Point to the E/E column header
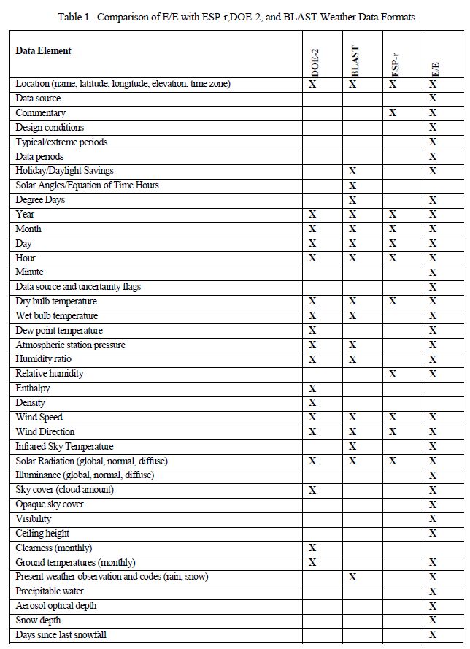tap(434, 69)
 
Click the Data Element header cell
tap(43, 50)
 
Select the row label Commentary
tap(40, 113)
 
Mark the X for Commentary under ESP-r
tap(393, 113)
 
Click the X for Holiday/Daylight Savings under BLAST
tap(352, 171)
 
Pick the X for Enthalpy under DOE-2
tap(312, 388)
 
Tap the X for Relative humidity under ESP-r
tap(393, 374)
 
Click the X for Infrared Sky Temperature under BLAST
tap(352, 446)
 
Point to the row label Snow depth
tap(38, 621)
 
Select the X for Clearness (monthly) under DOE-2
tap(312, 548)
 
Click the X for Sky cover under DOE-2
tap(312, 490)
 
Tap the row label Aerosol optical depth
tap(56, 606)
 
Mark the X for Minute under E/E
tap(433, 272)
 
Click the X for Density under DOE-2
tap(312, 403)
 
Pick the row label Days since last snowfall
tap(61, 635)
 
